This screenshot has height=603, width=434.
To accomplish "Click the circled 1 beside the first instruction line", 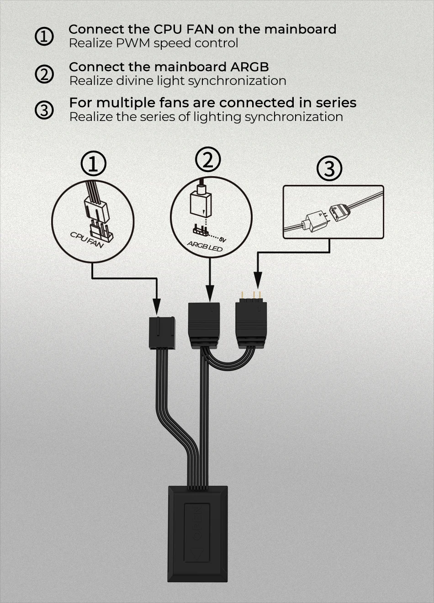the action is click(x=44, y=36).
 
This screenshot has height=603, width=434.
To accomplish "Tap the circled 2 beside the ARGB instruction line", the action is click(x=44, y=74).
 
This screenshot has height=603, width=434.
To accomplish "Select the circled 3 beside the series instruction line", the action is click(x=44, y=110).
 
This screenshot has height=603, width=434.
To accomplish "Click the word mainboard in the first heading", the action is click(x=300, y=29).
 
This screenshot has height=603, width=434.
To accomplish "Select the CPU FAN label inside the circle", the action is click(x=87, y=240).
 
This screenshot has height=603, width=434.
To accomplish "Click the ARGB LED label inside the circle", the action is click(x=205, y=246).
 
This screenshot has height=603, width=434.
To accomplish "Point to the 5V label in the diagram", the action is click(x=223, y=239).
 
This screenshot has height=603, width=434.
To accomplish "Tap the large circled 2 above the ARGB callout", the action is click(x=208, y=159).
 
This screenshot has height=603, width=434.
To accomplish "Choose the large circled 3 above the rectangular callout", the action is click(x=329, y=168).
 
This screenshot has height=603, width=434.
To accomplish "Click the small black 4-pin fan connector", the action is click(x=162, y=333).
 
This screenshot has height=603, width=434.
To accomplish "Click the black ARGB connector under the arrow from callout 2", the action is click(x=204, y=326).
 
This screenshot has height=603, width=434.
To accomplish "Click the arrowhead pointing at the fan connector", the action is click(x=157, y=307).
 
